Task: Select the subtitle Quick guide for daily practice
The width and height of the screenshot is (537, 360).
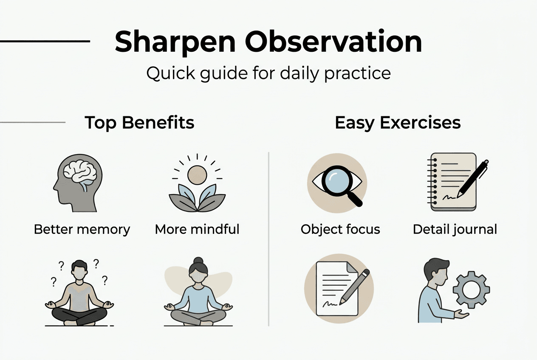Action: point(268,73)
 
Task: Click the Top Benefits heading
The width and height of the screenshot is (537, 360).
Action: point(139,123)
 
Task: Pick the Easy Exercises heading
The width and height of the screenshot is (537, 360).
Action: point(398,123)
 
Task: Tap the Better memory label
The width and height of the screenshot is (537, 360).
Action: point(82,230)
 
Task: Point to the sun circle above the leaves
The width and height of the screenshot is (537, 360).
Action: point(197,174)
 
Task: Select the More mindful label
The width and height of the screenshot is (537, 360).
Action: point(197,230)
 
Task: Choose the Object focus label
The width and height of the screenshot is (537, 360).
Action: point(340,230)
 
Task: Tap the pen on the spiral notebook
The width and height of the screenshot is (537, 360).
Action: point(472,179)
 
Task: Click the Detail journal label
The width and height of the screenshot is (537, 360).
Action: point(455,230)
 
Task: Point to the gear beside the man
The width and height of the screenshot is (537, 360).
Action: point(471,290)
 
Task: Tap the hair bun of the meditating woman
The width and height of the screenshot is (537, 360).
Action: point(198,261)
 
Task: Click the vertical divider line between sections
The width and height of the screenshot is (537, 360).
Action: point(269,238)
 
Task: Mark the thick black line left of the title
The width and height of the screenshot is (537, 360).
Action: point(45,41)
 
